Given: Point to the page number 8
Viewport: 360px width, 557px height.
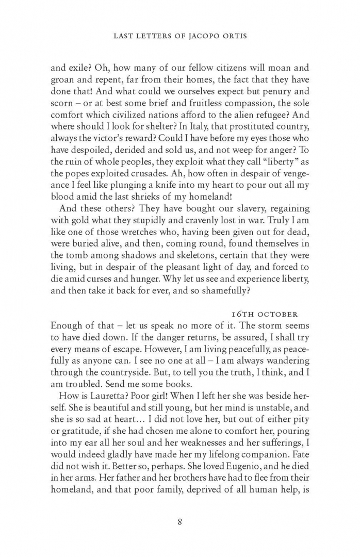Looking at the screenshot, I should [179, 521].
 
